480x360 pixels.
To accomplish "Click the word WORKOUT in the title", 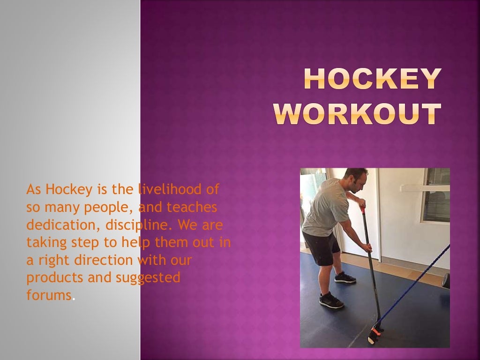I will [357, 114].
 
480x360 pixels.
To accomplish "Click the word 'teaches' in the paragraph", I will [191, 207].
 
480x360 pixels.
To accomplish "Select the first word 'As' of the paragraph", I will [34, 189].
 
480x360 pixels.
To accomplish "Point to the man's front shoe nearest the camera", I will [331, 300].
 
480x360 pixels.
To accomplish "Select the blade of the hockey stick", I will [375, 332].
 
